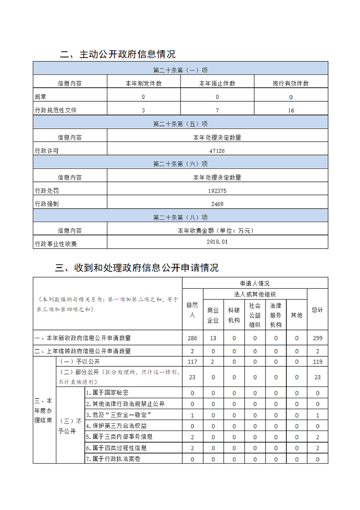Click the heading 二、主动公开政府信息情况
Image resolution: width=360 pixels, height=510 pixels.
coord(118,55)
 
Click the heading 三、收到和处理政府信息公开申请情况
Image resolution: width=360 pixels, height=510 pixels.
coord(137,268)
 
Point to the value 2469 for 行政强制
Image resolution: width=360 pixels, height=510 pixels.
coord(217,204)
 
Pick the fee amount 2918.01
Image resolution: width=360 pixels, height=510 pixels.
coord(217,242)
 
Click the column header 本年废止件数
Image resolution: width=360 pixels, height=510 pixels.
coord(217,84)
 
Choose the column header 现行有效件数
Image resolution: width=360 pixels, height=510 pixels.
coord(290,84)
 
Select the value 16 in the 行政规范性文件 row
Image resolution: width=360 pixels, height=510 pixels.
coord(291,110)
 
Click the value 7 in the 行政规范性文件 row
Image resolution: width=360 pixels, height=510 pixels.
coord(217,110)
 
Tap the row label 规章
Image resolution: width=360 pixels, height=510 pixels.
coord(40,97)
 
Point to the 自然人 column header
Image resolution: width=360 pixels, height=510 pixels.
coord(192,310)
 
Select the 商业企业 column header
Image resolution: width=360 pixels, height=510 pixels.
coord(213,315)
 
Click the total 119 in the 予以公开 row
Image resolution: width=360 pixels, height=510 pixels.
coord(317,362)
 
